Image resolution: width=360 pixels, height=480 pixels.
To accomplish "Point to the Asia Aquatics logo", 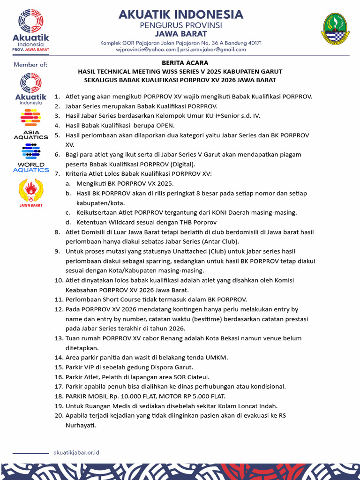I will (30, 124).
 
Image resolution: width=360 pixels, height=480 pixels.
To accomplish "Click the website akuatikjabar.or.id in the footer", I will (76, 452).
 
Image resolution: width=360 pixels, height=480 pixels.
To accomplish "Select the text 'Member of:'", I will (30, 65).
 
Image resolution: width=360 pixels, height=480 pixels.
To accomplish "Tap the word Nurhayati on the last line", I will (80, 425).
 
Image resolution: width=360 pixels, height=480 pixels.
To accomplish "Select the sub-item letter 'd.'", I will (68, 222).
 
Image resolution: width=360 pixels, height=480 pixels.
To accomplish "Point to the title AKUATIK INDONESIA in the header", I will (180, 15).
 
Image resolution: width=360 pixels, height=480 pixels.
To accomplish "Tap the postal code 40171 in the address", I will (252, 43).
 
